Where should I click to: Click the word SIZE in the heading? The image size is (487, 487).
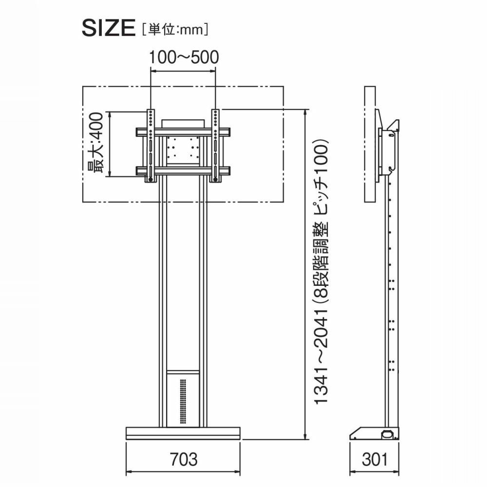click(x=109, y=28)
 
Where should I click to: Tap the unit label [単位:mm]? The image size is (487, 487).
click(x=175, y=30)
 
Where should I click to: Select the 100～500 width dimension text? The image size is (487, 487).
click(x=184, y=57)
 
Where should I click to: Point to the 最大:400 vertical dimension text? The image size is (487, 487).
click(x=95, y=143)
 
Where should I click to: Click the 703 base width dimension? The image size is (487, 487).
click(x=184, y=459)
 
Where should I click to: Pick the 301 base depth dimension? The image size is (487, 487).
click(x=375, y=459)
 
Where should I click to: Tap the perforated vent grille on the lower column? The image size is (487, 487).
click(x=183, y=401)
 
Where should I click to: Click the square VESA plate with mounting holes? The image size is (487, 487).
click(x=183, y=147)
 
